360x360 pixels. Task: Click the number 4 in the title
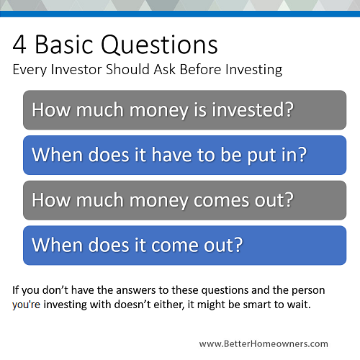click(x=19, y=45)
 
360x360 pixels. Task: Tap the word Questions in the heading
click(x=159, y=45)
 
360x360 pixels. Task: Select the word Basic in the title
click(x=64, y=45)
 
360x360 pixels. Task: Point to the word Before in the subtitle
click(x=200, y=69)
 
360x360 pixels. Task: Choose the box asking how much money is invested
click(x=184, y=110)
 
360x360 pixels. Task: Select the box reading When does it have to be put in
click(x=184, y=155)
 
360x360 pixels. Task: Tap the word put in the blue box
click(x=262, y=156)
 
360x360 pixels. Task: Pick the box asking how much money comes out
click(x=184, y=200)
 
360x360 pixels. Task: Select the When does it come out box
click(x=184, y=246)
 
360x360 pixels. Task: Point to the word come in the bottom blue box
click(x=175, y=246)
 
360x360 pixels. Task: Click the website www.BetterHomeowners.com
click(x=264, y=343)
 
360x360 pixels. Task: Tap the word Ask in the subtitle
click(x=164, y=69)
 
